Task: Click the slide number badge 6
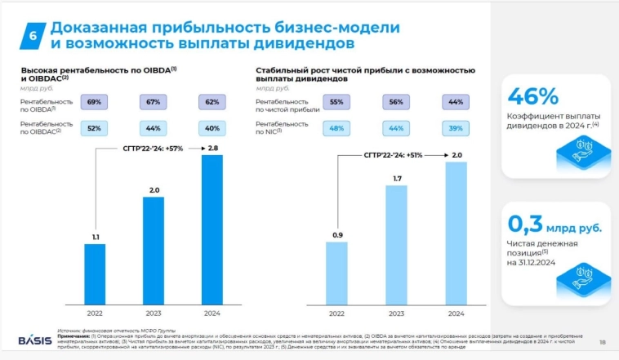pos(32,35)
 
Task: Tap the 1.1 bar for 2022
pos(95,273)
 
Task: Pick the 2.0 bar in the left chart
pos(154,250)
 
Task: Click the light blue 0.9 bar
pos(336,273)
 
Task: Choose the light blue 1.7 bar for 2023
pos(397,245)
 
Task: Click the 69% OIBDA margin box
pos(94,102)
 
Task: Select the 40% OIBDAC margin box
pos(212,127)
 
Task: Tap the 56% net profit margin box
pos(396,102)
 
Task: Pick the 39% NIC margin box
pos(455,127)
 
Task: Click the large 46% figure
pos(533,96)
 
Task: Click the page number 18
pos(602,341)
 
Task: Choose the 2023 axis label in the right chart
pos(397,313)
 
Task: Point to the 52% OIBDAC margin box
pos(94,127)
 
